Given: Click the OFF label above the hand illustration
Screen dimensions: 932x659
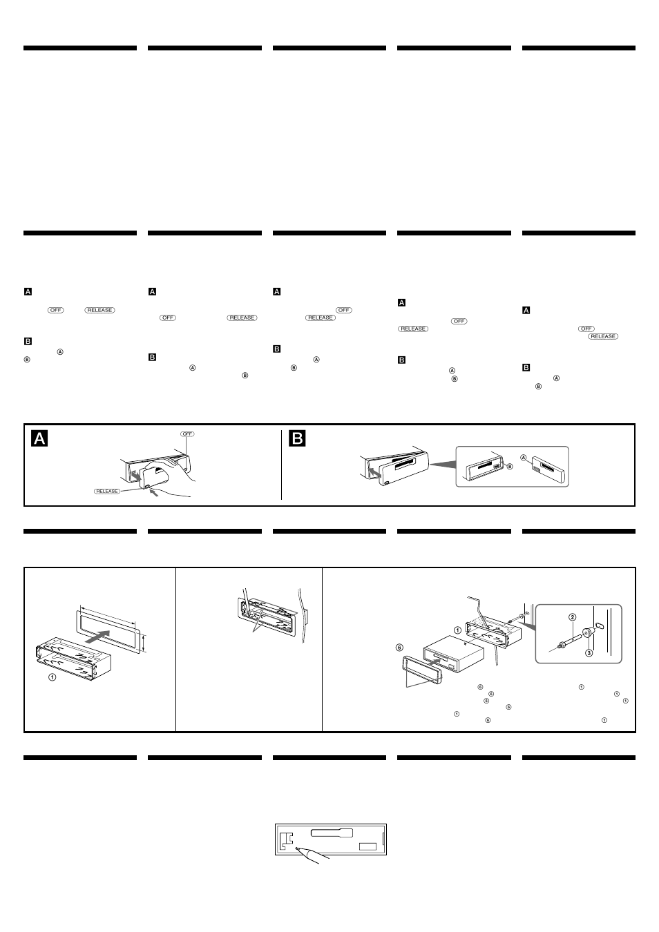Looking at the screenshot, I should click(x=188, y=434).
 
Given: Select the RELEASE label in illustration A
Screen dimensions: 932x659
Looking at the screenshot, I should click(x=107, y=491).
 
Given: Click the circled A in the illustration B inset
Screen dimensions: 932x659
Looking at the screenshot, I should click(x=523, y=457).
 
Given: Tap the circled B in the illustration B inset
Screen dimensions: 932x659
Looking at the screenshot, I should click(x=510, y=467).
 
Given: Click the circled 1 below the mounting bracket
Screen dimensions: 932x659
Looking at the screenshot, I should click(x=52, y=677).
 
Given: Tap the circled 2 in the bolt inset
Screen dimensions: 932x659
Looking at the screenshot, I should click(x=572, y=617).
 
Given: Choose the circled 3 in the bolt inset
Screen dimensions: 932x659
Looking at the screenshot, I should click(x=589, y=652).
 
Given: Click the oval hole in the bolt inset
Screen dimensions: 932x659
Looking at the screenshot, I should click(x=599, y=625).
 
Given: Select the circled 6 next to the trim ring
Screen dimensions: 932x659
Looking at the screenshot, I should click(x=399, y=647).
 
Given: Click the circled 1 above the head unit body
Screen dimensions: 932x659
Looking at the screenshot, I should click(x=457, y=629).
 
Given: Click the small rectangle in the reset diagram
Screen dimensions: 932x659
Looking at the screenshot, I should click(x=367, y=846).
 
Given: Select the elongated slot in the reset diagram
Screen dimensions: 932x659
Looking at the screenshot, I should click(x=332, y=833).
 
